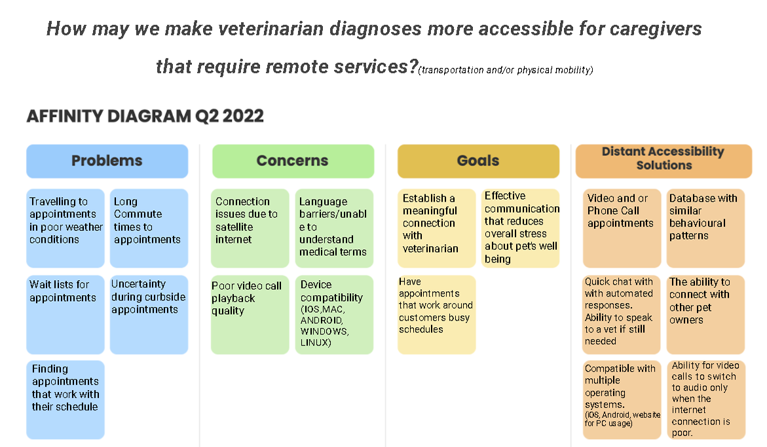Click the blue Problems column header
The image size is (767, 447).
point(107,161)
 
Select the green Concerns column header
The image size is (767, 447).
point(293,161)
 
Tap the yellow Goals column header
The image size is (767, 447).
point(478,161)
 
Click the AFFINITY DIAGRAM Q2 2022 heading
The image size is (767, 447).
point(145,116)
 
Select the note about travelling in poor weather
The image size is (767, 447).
point(65,228)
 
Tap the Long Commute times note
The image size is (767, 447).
point(149,228)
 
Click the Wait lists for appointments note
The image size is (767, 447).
point(65,314)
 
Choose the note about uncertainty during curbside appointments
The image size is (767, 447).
point(149,314)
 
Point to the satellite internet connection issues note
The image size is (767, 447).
point(250,228)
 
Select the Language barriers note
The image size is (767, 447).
point(334,228)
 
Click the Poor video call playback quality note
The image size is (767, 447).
point(250,314)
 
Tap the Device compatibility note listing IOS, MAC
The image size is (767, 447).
point(334,314)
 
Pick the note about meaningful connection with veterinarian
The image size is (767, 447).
point(437,228)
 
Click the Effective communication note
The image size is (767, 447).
point(521,228)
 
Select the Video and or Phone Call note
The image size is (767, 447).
point(622,228)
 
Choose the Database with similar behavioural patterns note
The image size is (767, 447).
point(705,228)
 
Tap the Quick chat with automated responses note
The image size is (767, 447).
point(622,314)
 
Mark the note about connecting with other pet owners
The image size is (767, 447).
point(705,314)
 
